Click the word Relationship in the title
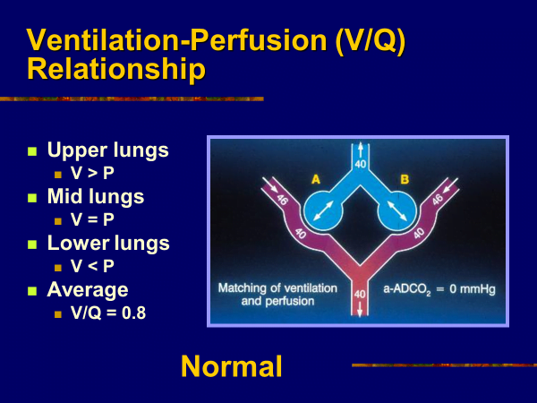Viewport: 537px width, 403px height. click(x=115, y=69)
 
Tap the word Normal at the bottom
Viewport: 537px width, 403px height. click(x=232, y=366)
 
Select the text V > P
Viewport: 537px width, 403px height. click(x=92, y=173)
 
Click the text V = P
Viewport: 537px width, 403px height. click(x=92, y=219)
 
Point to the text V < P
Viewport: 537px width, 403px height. click(x=92, y=266)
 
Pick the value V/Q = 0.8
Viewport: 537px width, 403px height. click(x=108, y=313)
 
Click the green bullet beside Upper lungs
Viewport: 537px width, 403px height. click(x=32, y=151)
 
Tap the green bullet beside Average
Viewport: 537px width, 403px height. click(x=32, y=291)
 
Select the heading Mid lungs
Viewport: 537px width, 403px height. click(x=96, y=197)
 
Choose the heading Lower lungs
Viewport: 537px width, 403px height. click(x=108, y=243)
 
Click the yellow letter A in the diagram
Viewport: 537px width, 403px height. click(x=316, y=179)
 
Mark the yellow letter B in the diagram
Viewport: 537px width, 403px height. click(x=405, y=179)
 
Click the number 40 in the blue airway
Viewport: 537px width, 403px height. click(x=361, y=164)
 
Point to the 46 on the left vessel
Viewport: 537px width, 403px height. click(x=282, y=199)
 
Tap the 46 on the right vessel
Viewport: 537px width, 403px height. click(x=438, y=199)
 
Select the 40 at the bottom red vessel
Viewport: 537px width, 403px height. click(x=360, y=295)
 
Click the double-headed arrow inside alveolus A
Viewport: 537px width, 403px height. click(x=323, y=210)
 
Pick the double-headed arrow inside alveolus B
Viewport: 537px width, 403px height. click(x=397, y=210)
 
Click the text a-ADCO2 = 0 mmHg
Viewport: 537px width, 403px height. click(x=439, y=289)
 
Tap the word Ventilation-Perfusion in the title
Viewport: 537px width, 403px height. click(x=176, y=40)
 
